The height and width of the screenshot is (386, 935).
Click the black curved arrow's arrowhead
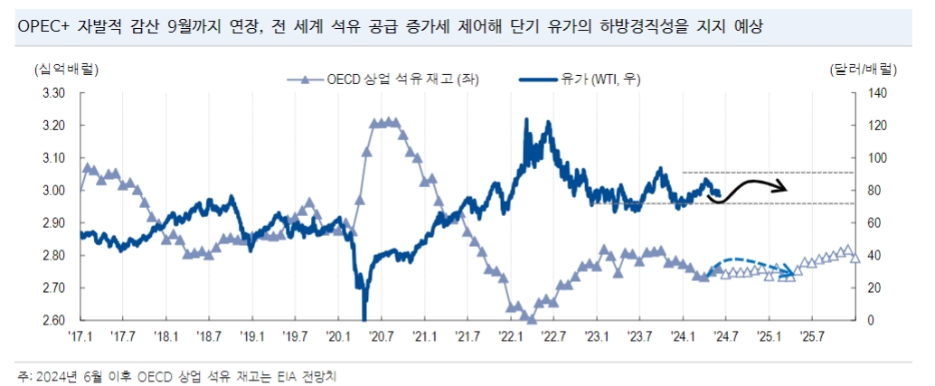click(x=786, y=189)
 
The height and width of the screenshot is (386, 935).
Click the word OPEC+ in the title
click(x=42, y=26)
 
